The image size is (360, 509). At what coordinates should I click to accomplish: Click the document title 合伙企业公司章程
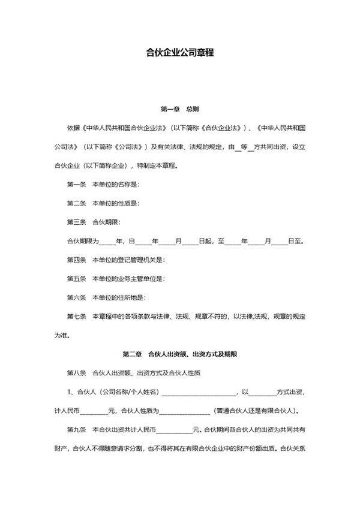[x=180, y=52]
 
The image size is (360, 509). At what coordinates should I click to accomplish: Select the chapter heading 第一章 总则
[x=180, y=110]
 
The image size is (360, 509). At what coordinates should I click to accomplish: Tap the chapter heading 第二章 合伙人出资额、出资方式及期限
[x=180, y=354]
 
